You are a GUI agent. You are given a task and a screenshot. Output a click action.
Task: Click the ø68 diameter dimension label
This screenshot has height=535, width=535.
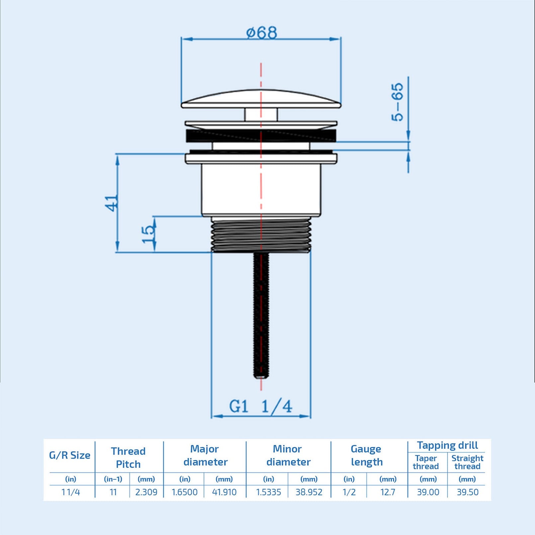pyautogui.click(x=261, y=33)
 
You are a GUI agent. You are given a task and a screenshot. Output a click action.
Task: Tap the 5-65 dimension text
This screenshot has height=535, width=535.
pyautogui.click(x=398, y=102)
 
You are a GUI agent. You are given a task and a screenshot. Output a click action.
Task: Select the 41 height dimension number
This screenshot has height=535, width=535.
pyautogui.click(x=112, y=203)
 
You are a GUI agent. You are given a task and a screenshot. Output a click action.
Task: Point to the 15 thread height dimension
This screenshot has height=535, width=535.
pyautogui.click(x=148, y=234)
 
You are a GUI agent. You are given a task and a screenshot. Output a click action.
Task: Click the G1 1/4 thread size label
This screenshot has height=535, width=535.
pyautogui.click(x=261, y=406)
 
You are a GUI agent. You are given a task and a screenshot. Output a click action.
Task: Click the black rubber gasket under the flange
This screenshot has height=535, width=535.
pyautogui.click(x=261, y=136)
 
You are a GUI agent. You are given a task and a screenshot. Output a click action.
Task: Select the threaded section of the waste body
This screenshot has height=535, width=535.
pyautogui.click(x=261, y=236)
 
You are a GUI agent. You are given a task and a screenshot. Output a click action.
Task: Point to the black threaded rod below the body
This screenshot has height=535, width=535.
pyautogui.click(x=261, y=315)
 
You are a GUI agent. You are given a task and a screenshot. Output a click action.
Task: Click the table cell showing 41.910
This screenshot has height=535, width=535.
pyautogui.click(x=224, y=492)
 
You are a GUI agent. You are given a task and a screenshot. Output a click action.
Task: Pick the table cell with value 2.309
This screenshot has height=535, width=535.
pyautogui.click(x=146, y=492)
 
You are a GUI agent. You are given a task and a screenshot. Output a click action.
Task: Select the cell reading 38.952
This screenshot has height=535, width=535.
pyautogui.click(x=309, y=492)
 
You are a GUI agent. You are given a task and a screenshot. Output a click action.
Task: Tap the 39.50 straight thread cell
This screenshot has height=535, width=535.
pyautogui.click(x=468, y=492)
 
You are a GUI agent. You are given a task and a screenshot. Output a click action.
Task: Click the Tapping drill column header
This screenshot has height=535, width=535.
pyautogui.click(x=447, y=445)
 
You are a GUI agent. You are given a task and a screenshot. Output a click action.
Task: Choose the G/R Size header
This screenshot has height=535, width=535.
pyautogui.click(x=70, y=455)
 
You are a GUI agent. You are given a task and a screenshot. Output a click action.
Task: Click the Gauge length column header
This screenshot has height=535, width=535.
pyautogui.click(x=367, y=455)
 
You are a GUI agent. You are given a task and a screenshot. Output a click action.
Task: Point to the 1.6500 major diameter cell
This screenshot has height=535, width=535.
pyautogui.click(x=185, y=492)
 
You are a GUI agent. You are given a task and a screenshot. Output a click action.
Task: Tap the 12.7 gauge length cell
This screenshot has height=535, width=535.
pyautogui.click(x=388, y=492)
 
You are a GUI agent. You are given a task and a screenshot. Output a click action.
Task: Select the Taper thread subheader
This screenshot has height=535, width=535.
pyautogui.click(x=426, y=462)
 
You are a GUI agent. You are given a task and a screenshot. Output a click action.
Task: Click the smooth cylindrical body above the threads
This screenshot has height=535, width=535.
pyautogui.click(x=261, y=189)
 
